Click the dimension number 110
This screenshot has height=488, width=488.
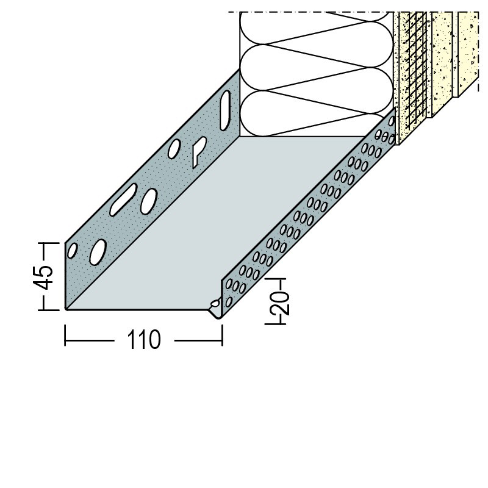tap(144, 340)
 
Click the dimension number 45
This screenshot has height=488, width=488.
tap(43, 277)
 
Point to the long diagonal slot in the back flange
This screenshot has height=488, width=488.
tap(124, 199)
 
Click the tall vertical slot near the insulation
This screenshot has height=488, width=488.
tap(225, 110)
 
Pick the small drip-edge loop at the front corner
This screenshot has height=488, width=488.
tap(215, 303)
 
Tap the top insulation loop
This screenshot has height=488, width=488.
tap(316, 29)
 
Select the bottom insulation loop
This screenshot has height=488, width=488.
tap(316, 113)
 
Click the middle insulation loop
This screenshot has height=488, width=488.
tap(316, 68)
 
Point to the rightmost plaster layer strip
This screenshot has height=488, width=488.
tap(468, 53)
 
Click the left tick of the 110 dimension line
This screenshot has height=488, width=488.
tap(65, 335)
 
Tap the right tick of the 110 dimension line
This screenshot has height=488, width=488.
tap(222, 335)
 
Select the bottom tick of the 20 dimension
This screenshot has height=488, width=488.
tap(275, 324)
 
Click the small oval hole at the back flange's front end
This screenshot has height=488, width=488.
tap(72, 251)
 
